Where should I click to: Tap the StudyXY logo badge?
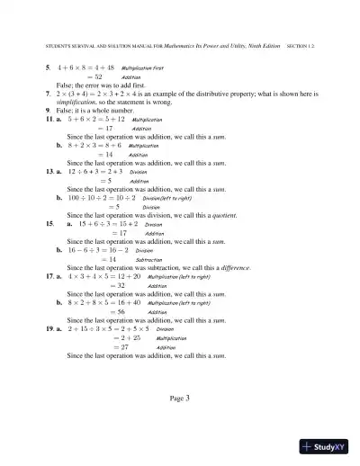[326, 446]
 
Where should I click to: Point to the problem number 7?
[47, 93]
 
